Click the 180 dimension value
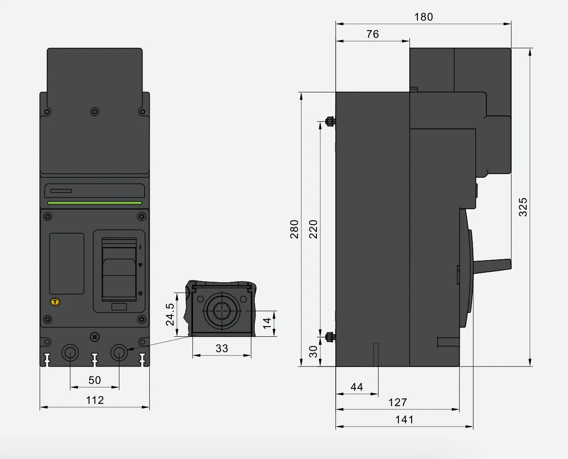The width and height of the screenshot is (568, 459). pyautogui.click(x=423, y=17)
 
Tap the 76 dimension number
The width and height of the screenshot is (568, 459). pyautogui.click(x=372, y=34)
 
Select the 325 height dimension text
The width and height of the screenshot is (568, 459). pyautogui.click(x=523, y=207)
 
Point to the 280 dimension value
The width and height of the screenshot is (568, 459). pyautogui.click(x=294, y=229)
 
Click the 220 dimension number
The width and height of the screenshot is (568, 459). pyautogui.click(x=313, y=229)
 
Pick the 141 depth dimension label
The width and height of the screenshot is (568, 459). pyautogui.click(x=404, y=420)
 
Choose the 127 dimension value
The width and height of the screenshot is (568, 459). pyautogui.click(x=398, y=403)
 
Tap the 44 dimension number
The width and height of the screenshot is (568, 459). pyautogui.click(x=357, y=387)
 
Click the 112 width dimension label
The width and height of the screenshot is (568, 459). pyautogui.click(x=95, y=400)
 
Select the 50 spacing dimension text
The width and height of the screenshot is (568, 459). pyautogui.click(x=95, y=381)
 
